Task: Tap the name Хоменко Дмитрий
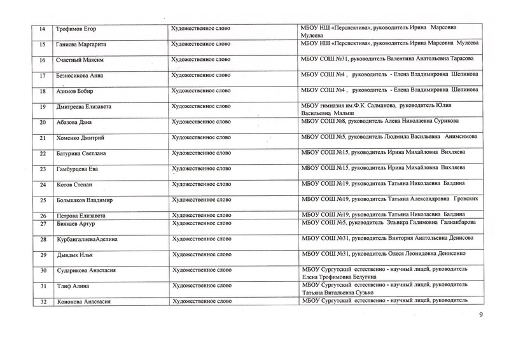tap(73, 138)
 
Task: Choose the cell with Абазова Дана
tap(69, 122)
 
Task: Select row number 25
tap(42, 201)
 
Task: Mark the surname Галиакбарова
tap(454, 223)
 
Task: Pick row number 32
tap(42, 301)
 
